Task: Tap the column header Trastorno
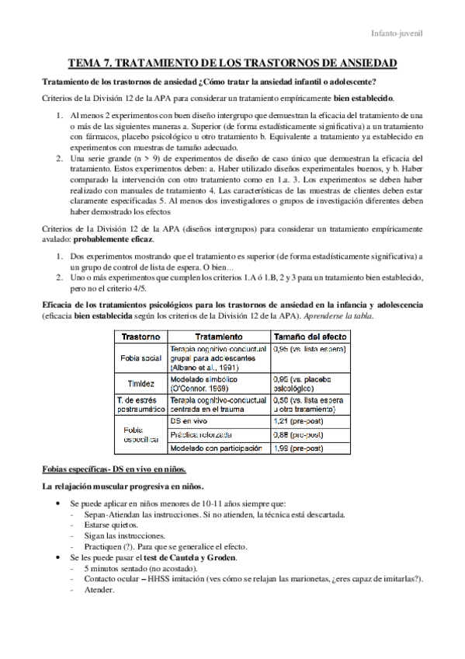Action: pos(141,336)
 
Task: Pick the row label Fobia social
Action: pos(141,357)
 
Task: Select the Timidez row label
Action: pos(141,383)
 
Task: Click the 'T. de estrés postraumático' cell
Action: pos(141,403)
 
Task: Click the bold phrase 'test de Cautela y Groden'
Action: pos(188,557)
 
